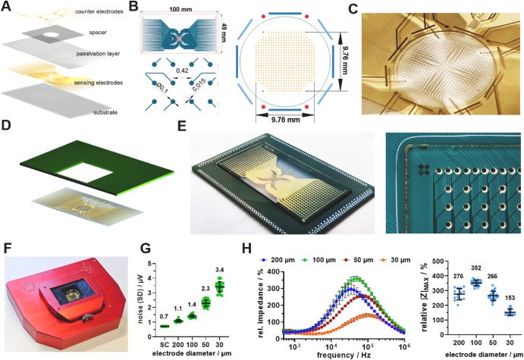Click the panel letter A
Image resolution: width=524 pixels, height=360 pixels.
[7, 7]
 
